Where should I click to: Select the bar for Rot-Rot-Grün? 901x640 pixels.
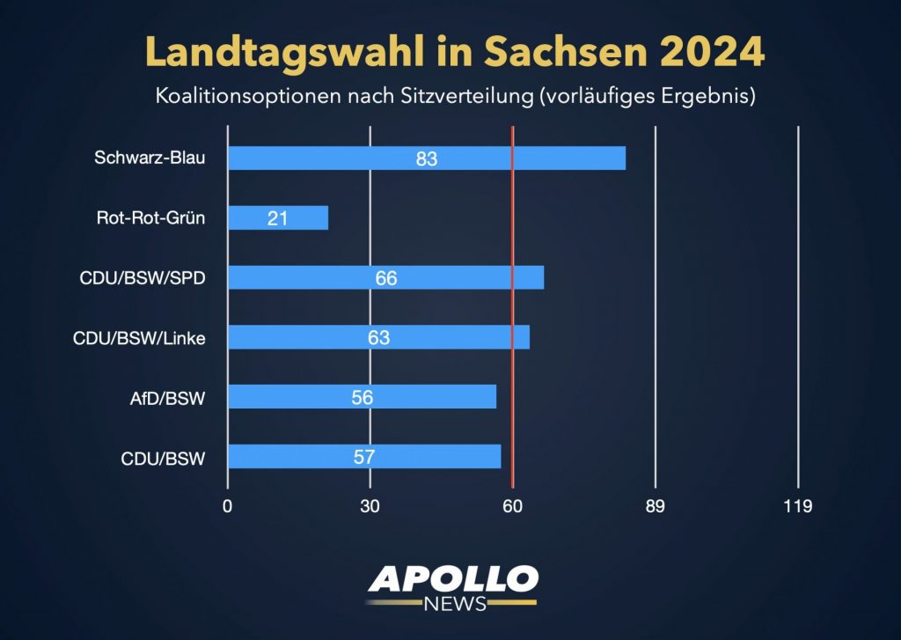(278, 217)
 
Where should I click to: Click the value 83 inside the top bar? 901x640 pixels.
(427, 159)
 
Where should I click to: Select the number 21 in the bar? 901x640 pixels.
(278, 218)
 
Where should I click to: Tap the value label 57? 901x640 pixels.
(364, 457)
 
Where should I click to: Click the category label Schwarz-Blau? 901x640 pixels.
(150, 158)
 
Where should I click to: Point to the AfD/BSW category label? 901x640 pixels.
(167, 397)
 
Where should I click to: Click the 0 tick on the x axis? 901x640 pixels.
(228, 506)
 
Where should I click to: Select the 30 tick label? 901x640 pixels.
(370, 506)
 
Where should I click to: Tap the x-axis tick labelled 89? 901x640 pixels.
(655, 506)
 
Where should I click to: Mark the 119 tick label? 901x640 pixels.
(797, 506)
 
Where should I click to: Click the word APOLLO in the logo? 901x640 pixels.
(452, 578)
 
